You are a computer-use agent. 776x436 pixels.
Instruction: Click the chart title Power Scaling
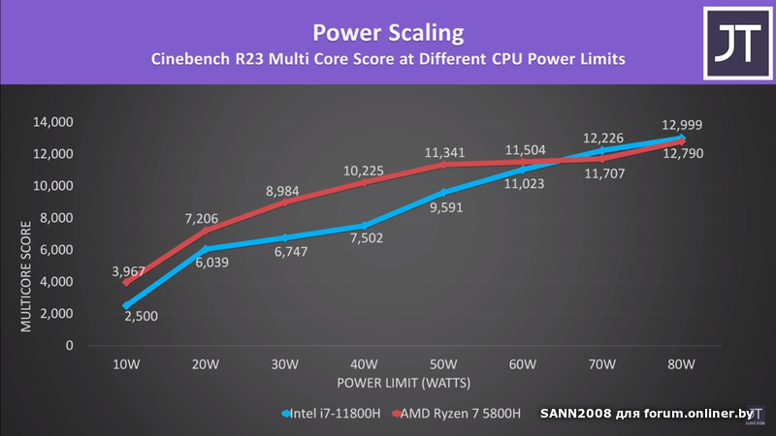[x=388, y=33]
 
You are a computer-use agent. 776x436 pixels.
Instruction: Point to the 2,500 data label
[x=143, y=317]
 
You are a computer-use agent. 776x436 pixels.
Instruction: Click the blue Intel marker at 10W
[x=126, y=305]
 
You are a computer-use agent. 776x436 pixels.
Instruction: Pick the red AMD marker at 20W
[x=206, y=231]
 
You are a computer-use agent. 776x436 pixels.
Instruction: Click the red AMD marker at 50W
[x=443, y=165]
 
